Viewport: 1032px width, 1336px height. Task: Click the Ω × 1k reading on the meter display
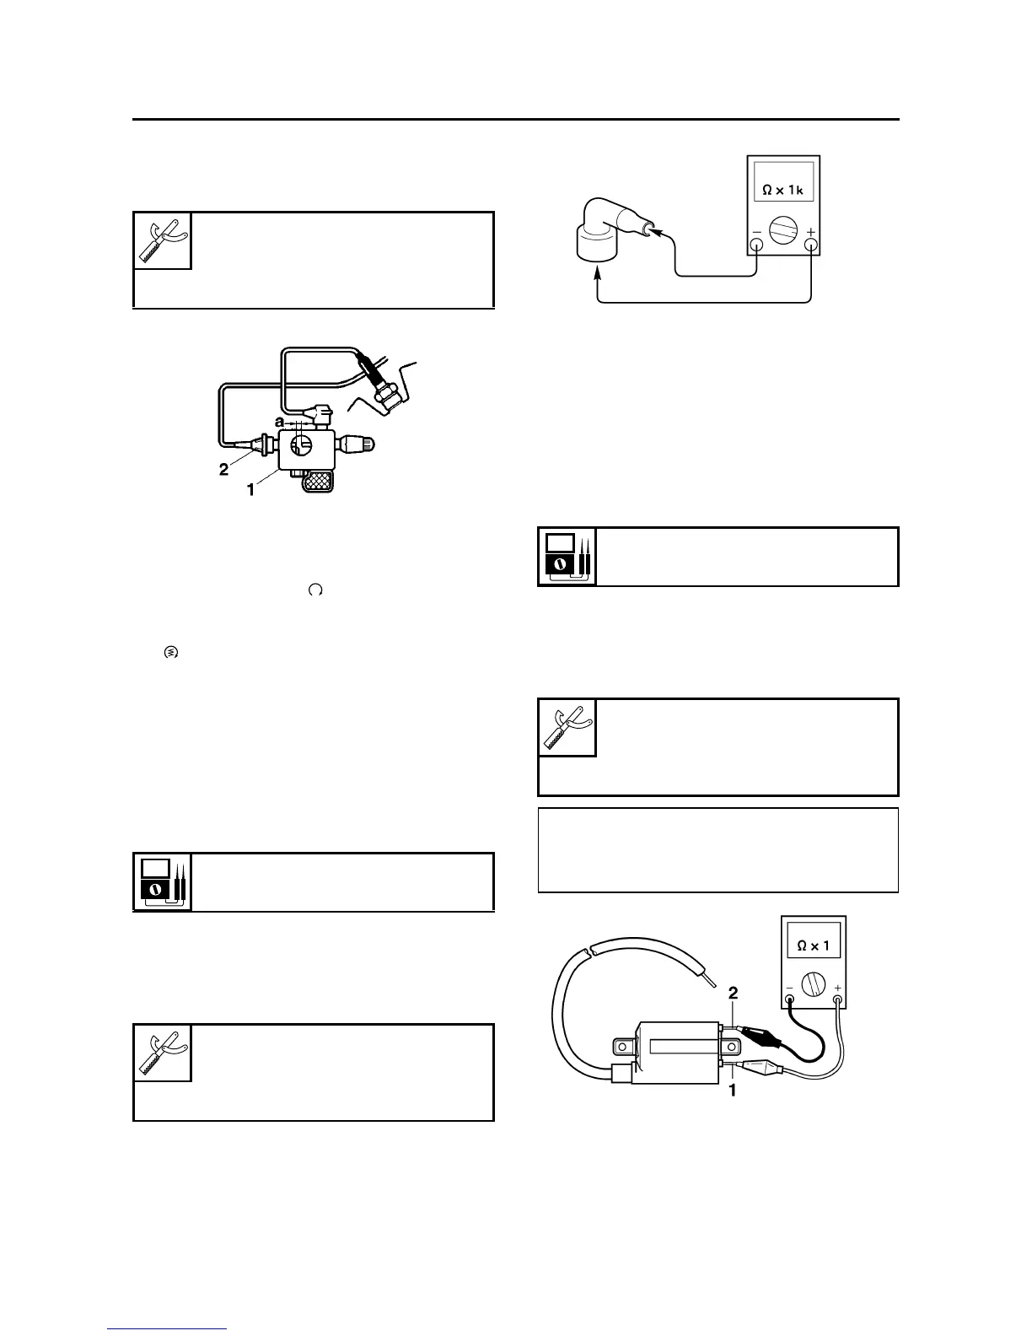coord(783,191)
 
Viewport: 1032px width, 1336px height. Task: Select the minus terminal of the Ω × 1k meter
coord(756,245)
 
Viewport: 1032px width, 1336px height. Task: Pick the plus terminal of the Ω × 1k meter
coord(811,245)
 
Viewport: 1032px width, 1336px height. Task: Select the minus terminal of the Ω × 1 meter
coord(789,1001)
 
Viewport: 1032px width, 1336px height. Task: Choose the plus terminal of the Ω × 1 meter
coord(838,1001)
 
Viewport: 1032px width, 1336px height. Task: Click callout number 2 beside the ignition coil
coord(733,992)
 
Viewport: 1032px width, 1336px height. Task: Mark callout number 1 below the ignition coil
coord(732,1090)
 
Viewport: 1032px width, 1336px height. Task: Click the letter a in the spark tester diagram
coord(279,420)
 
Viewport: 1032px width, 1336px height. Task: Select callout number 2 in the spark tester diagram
coord(223,470)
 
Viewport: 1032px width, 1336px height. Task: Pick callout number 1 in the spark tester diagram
coord(250,489)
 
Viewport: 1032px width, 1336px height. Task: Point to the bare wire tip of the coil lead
coord(710,981)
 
